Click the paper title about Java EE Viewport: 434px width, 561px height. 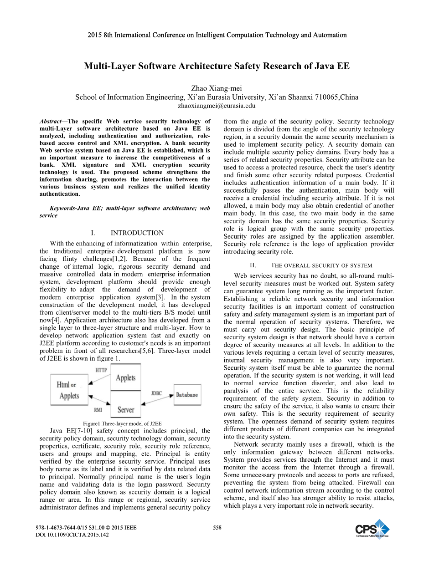coord(217,66)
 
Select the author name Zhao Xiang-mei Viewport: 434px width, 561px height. coord(217,88)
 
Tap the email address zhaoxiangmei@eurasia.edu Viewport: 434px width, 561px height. coord(217,106)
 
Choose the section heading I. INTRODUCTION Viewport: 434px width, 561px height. coord(127,233)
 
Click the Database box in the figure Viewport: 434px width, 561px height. coord(187,395)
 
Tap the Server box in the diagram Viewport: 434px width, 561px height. coord(125,409)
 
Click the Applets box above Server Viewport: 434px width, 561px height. coord(125,378)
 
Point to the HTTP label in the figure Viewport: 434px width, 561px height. coord(101,370)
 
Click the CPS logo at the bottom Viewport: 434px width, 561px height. coord(372,530)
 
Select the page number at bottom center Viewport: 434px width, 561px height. coord(217,528)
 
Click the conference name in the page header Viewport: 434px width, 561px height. coord(217,35)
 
